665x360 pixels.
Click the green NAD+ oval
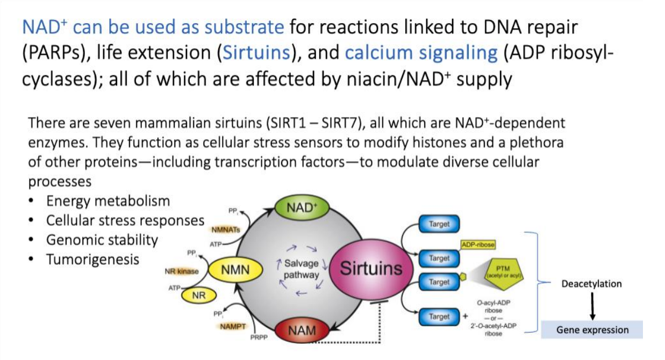(301, 208)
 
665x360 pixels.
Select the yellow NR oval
(198, 295)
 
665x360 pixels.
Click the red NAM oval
(302, 329)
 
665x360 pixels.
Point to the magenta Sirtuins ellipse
(371, 268)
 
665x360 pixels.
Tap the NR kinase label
(181, 271)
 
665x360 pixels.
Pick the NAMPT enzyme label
(232, 326)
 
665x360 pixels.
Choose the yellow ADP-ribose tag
(478, 244)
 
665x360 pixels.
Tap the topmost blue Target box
(439, 224)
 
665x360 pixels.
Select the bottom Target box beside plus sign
(439, 317)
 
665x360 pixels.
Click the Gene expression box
(592, 330)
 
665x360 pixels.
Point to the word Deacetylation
(591, 284)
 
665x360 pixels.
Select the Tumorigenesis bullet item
(92, 260)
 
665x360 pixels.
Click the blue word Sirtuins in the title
(253, 53)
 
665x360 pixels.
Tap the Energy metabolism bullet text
(108, 201)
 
